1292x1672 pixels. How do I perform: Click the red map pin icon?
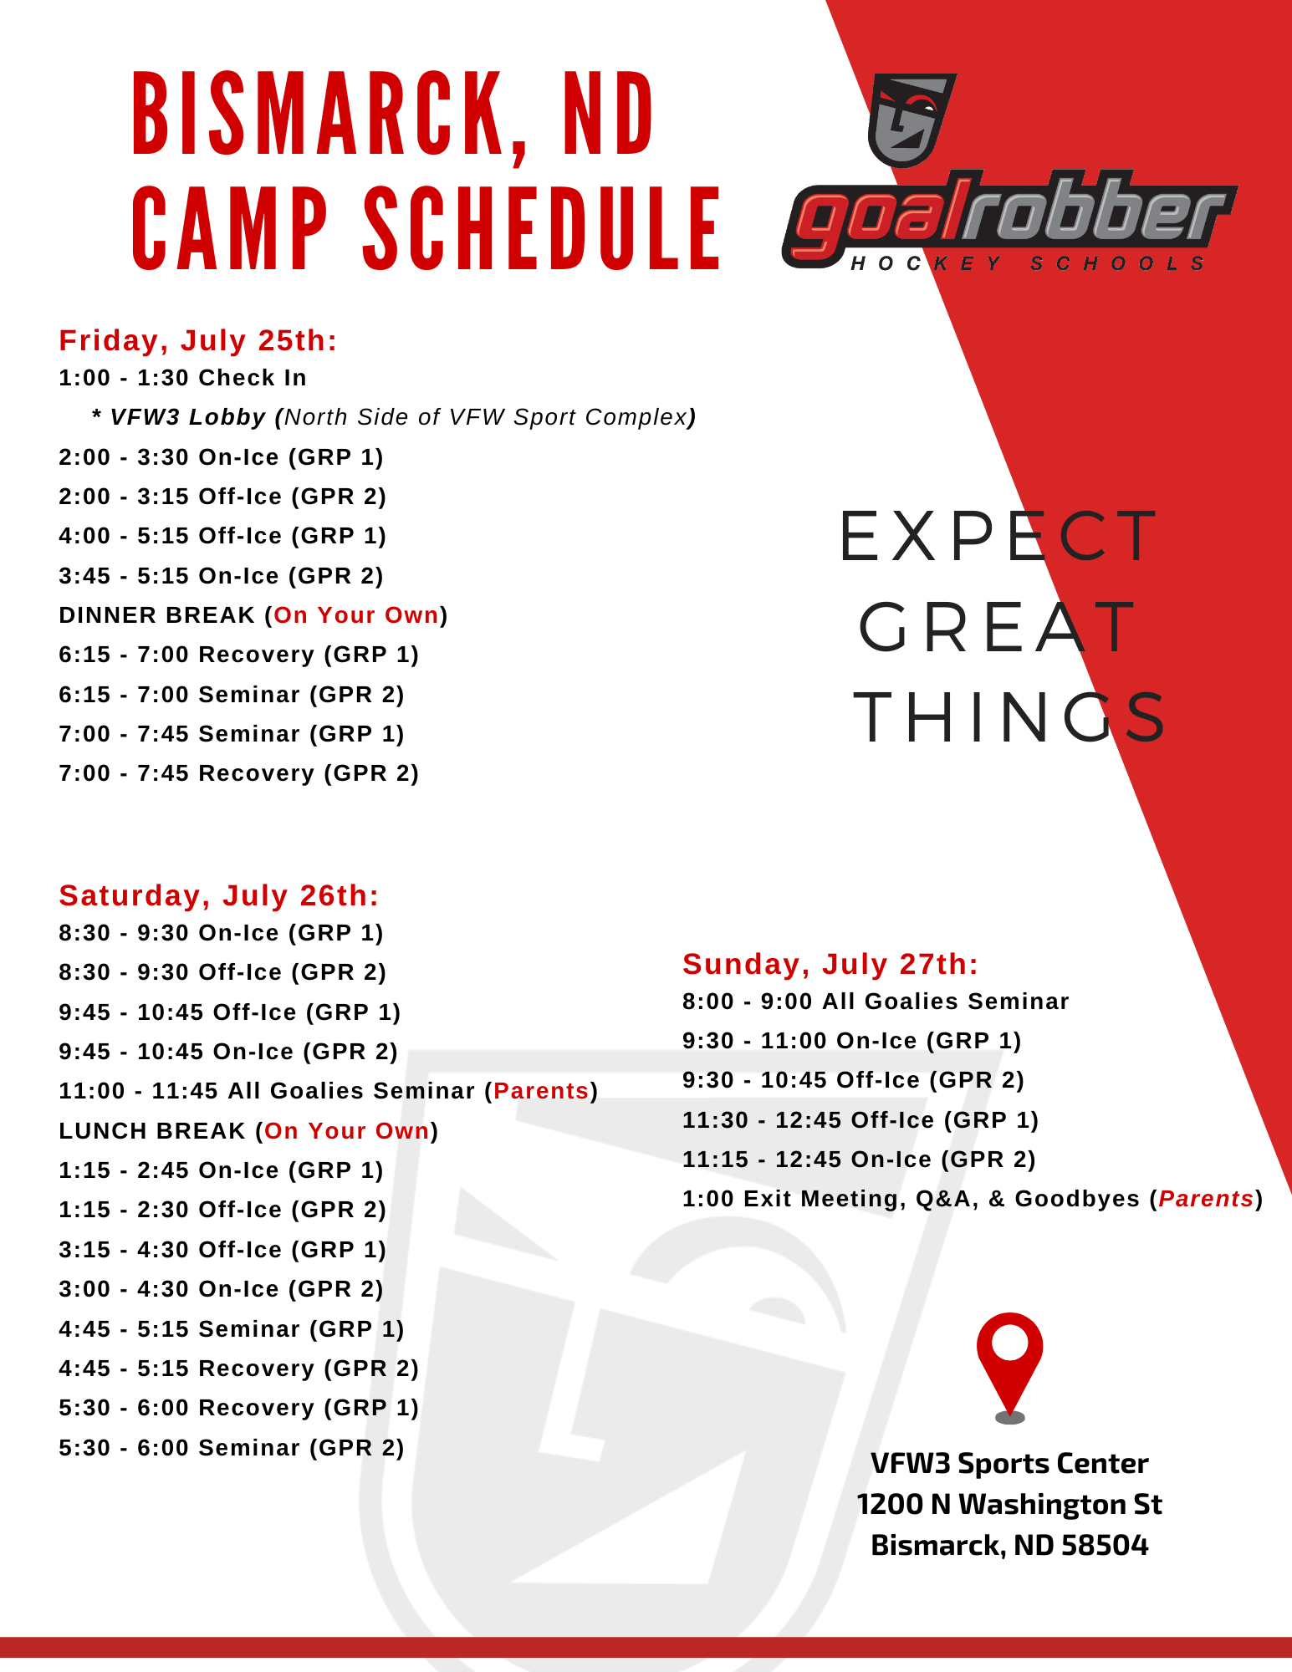[x=1009, y=1363]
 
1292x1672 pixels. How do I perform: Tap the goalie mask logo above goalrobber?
[x=912, y=120]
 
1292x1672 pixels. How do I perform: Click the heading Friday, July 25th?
[x=198, y=340]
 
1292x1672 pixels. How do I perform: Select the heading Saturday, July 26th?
[x=219, y=895]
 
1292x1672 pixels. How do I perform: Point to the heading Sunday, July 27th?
[x=830, y=964]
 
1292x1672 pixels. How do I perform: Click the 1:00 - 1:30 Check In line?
[x=182, y=378]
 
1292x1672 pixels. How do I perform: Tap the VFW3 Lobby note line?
[x=394, y=417]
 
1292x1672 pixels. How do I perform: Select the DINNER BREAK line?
[x=253, y=615]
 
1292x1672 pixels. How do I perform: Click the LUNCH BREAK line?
[x=248, y=1131]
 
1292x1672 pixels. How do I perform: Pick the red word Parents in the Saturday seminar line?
[x=542, y=1091]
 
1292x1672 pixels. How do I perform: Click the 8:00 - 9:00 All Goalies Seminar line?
[x=876, y=1002]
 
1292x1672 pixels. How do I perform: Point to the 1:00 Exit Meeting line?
[x=973, y=1199]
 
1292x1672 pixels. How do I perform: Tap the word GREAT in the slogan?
[x=998, y=627]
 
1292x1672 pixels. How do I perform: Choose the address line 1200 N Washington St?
[x=1009, y=1505]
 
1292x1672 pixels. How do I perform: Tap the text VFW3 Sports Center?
[x=1009, y=1464]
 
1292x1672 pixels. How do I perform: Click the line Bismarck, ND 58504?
[x=1009, y=1546]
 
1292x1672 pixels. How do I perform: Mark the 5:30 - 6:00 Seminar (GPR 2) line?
[x=232, y=1448]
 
